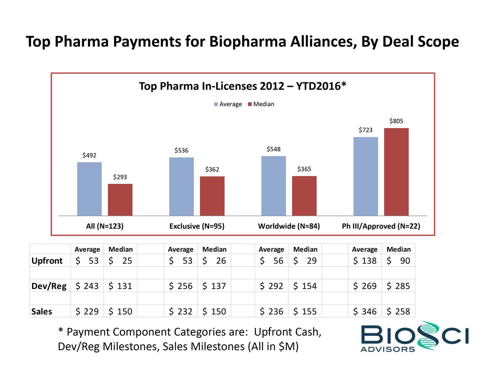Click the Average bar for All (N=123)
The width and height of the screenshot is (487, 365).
pos(89,189)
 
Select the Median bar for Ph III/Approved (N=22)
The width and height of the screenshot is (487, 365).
pos(396,172)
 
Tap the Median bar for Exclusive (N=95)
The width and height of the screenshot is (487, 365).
pos(212,195)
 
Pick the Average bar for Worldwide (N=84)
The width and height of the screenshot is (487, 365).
pos(274,185)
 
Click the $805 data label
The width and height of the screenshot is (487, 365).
pos(396,121)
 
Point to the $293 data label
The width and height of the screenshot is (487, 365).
pos(120,177)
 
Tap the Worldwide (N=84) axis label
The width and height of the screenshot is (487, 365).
pos(289,226)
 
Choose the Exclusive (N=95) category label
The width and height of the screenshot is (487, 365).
pos(197,226)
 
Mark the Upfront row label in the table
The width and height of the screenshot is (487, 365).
pos(47,261)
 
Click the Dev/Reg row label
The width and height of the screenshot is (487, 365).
pos(49,286)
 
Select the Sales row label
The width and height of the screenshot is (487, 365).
pos(42,311)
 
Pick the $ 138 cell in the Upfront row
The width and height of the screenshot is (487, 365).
pos(364,261)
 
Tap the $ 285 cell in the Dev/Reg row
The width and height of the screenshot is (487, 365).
pos(398,286)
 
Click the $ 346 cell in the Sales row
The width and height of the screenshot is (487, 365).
pos(364,311)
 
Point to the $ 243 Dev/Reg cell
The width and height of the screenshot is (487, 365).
pos(87,286)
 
